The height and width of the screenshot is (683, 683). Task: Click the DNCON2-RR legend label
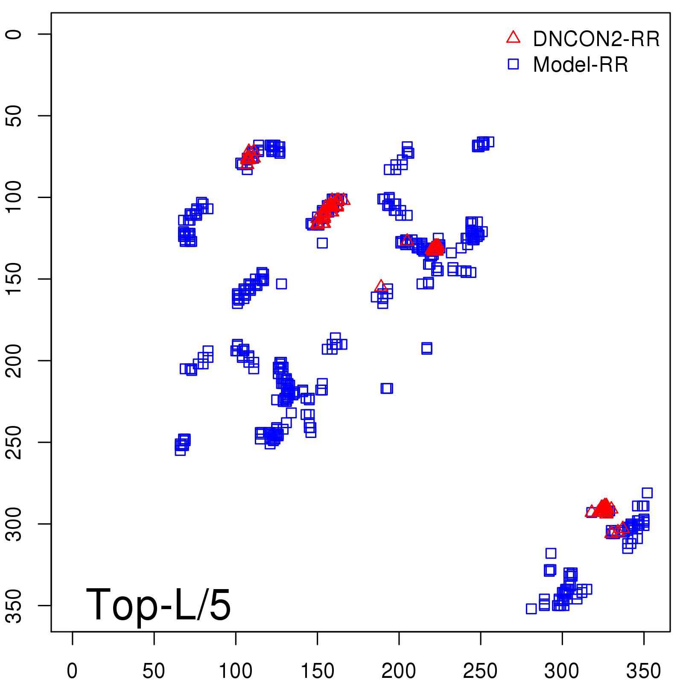596,39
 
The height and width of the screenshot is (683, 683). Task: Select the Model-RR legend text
581,65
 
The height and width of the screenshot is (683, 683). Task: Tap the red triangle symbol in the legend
513,38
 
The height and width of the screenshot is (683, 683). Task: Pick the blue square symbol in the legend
513,64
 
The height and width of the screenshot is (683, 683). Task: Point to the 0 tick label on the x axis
72,671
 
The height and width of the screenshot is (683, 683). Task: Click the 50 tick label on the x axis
154,671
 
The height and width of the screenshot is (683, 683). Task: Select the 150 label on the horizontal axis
317,671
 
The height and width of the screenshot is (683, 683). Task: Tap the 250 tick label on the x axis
480,671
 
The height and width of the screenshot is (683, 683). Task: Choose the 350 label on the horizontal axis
643,671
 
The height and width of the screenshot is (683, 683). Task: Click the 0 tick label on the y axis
15,34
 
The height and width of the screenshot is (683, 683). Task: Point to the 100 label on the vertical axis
15,197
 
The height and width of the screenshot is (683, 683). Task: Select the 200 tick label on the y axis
15,361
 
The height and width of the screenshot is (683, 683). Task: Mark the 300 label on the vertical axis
15,524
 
